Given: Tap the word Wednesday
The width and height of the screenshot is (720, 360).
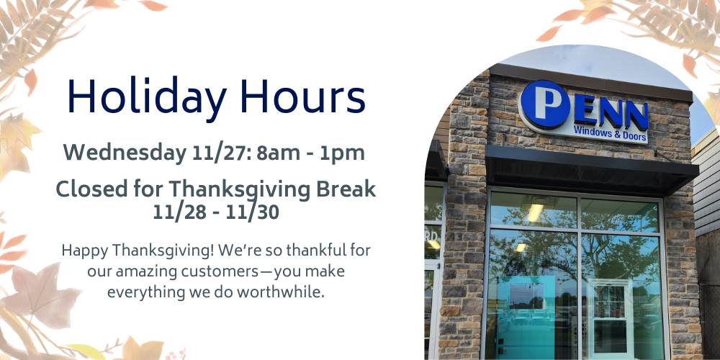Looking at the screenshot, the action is [x=125, y=153].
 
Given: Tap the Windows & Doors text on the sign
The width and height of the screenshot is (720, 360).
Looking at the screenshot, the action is [x=611, y=132].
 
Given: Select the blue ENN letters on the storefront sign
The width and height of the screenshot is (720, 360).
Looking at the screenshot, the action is [x=611, y=113].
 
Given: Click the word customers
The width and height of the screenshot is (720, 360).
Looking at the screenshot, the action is [x=220, y=272].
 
